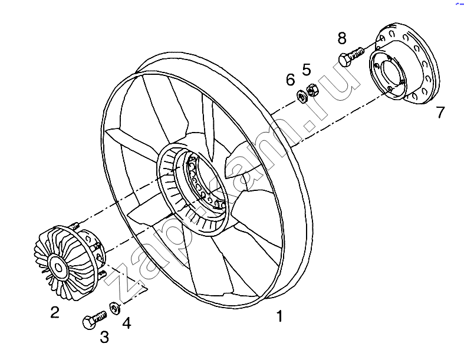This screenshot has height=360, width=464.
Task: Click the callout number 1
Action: click(279, 316)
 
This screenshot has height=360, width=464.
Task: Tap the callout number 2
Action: click(54, 312)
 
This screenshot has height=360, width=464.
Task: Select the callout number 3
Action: click(104, 337)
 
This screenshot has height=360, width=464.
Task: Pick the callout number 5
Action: click(307, 69)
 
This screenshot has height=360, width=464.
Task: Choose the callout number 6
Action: click(290, 79)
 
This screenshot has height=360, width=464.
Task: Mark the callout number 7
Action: click(440, 112)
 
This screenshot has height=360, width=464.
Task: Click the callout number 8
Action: click(342, 39)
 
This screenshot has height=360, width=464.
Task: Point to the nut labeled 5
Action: click(312, 89)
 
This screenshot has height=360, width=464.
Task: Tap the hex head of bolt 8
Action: click(344, 60)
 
